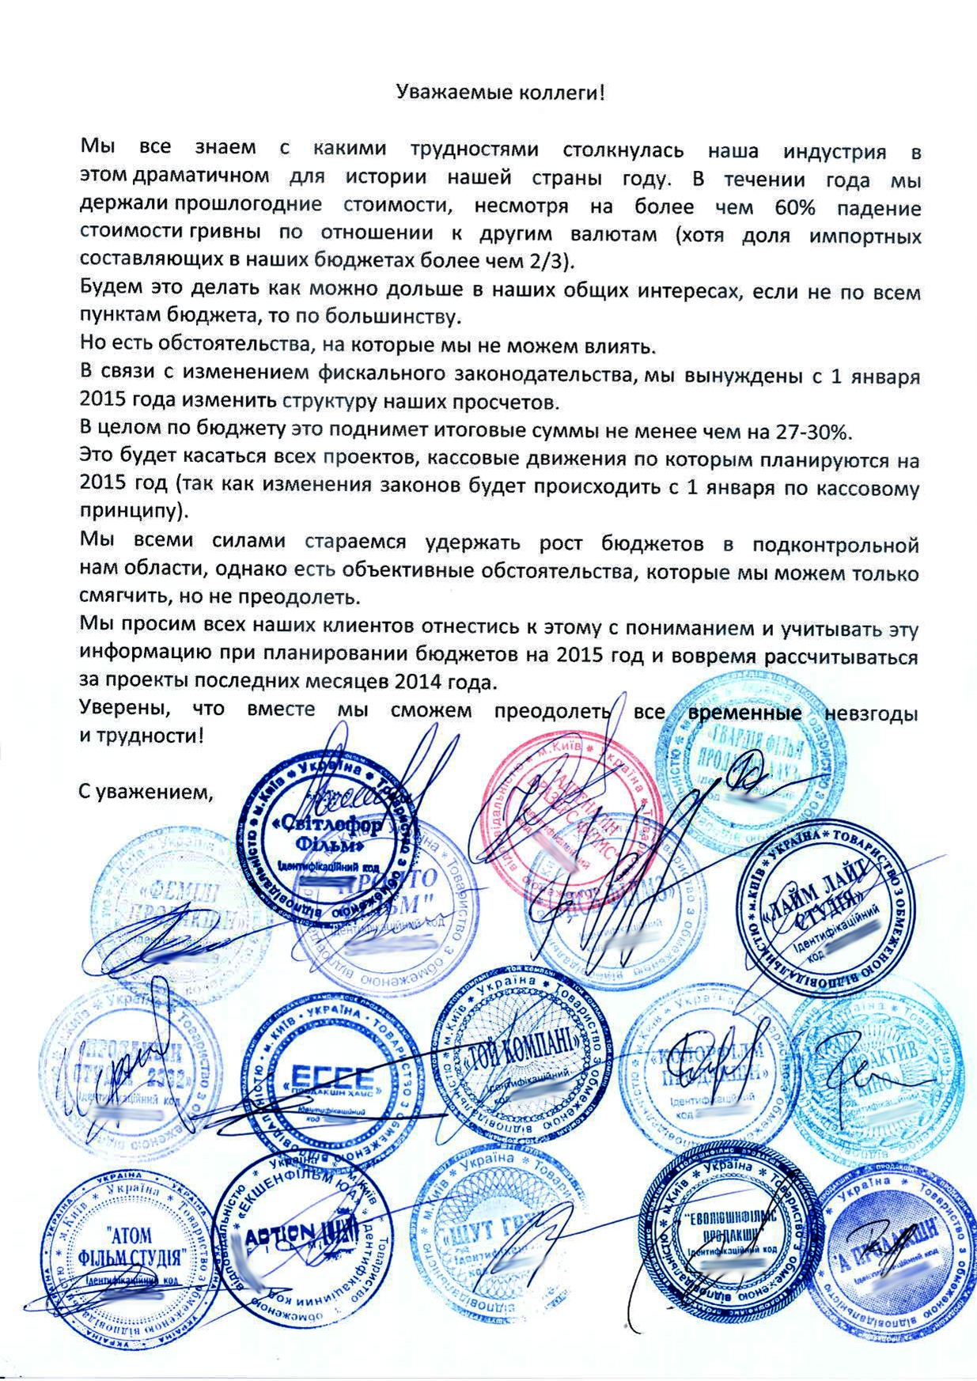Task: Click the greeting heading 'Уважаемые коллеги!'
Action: [x=500, y=93]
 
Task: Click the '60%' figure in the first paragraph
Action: [x=786, y=208]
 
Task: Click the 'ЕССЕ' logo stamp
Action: [x=332, y=1080]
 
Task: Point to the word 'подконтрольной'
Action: [x=835, y=545]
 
